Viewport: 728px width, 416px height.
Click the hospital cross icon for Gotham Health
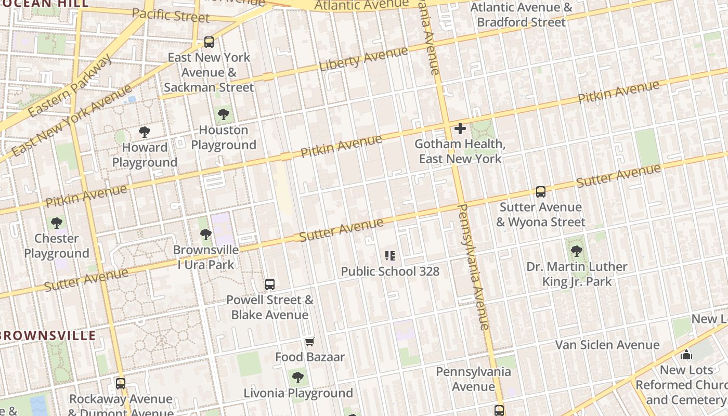coord(460,128)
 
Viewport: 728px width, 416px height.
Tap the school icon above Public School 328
coord(390,255)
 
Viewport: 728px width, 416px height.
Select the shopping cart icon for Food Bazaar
coord(310,342)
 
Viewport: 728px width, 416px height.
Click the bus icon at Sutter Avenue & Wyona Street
coord(541,192)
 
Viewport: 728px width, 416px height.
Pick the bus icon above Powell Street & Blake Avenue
coord(269,284)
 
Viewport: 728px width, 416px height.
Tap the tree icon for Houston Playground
coord(224,114)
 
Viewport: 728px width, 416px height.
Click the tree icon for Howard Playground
coord(145,132)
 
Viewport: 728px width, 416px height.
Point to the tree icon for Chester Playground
coord(57,223)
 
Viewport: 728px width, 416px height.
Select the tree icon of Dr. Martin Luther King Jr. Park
coord(576,251)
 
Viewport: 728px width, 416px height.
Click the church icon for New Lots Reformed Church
coord(686,355)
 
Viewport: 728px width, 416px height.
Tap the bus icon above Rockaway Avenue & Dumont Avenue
coord(121,384)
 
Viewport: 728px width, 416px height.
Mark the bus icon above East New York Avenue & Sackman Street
coord(209,42)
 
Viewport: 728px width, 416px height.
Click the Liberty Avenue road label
coord(363,59)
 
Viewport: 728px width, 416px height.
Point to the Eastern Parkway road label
coord(70,85)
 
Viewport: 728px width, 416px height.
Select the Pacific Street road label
coord(171,15)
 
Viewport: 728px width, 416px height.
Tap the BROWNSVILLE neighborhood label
coord(48,335)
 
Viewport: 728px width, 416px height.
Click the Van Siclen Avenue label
coord(607,345)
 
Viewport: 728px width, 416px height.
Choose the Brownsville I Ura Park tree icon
coord(206,235)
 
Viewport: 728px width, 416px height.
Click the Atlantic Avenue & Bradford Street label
coord(521,15)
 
